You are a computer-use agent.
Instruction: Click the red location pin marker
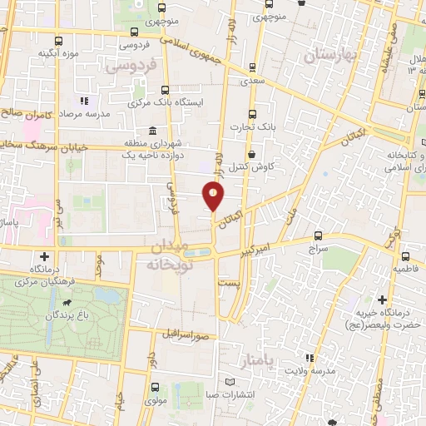(215, 196)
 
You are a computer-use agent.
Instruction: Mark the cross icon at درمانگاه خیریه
(382, 300)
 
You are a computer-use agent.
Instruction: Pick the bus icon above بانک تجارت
(251, 116)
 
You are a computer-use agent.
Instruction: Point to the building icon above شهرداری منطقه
(151, 131)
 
